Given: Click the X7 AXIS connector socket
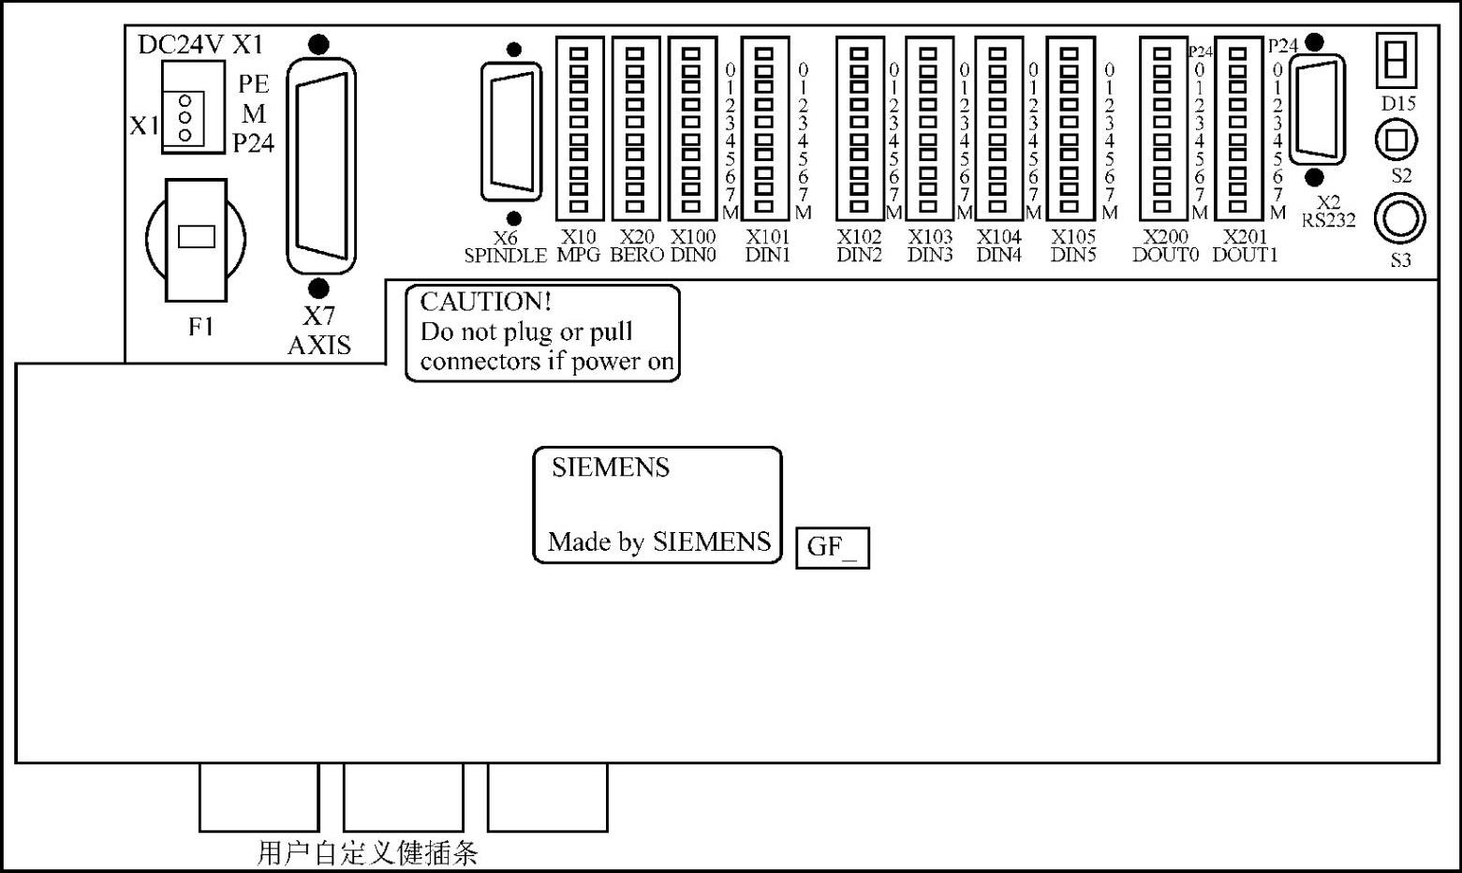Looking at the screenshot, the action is tap(321, 166).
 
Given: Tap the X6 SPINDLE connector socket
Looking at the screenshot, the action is tap(511, 131).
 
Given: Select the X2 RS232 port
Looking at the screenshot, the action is tap(1317, 110).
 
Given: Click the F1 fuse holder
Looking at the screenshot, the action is tap(196, 240).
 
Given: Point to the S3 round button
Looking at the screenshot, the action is tap(1399, 219).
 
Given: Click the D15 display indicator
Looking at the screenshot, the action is tap(1396, 60).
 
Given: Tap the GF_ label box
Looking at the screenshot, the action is tap(833, 548).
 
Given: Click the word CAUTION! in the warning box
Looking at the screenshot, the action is tap(485, 303).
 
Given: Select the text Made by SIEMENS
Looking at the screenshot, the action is tap(659, 542).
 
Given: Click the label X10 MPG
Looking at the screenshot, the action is tap(579, 245).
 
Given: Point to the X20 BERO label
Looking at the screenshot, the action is tap(637, 245).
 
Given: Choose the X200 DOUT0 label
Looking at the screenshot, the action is tap(1166, 245).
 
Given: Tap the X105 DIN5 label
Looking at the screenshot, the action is tap(1073, 245).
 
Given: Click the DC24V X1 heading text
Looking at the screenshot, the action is tap(201, 44).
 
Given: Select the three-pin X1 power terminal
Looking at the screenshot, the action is tap(193, 108).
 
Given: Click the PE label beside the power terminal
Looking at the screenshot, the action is tap(253, 84).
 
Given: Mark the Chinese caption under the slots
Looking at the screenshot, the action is tap(367, 852).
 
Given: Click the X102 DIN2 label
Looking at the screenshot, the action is tap(860, 245).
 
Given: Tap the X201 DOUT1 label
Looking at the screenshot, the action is tap(1245, 245).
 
